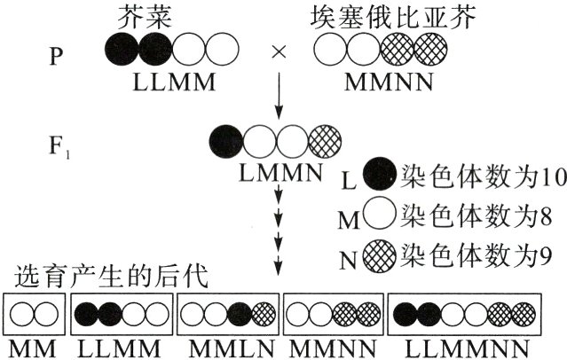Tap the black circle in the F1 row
click(x=227, y=139)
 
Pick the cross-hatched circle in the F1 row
click(x=323, y=139)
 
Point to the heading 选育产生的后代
click(x=106, y=278)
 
